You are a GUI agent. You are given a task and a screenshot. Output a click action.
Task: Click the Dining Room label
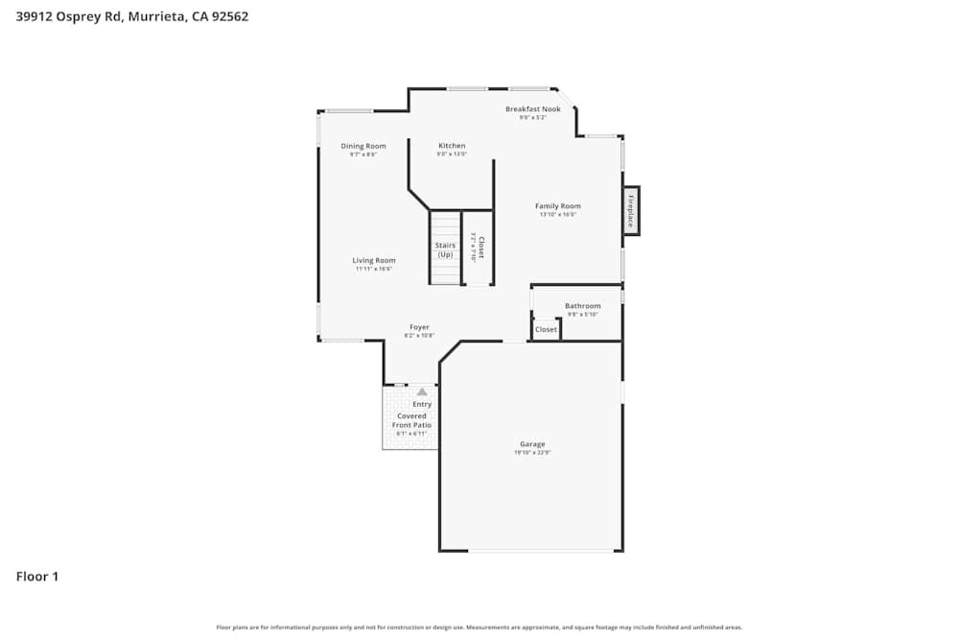[363, 146]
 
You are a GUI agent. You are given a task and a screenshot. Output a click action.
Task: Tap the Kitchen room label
[452, 146]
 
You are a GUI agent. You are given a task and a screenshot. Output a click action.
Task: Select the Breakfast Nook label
[533, 109]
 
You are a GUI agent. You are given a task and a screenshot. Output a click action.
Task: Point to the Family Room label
[557, 206]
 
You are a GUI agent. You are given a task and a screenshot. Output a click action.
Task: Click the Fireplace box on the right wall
[631, 210]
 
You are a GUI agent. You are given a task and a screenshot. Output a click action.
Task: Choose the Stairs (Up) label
[445, 249]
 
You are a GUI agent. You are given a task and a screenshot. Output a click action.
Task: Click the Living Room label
[374, 260]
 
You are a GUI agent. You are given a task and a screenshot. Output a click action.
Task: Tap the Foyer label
[420, 327]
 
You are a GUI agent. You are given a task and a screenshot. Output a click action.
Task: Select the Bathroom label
[582, 306]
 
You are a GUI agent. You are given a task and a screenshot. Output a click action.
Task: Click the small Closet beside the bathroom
[546, 329]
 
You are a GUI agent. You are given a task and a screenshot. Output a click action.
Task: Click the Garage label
[532, 444]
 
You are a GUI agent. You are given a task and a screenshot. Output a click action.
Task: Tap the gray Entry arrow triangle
[422, 391]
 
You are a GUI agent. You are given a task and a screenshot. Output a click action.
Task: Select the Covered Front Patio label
[411, 420]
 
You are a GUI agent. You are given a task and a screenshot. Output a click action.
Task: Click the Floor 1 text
[37, 577]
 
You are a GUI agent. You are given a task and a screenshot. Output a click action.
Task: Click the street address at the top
[132, 16]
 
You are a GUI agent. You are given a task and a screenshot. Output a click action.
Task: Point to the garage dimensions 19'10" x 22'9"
[532, 452]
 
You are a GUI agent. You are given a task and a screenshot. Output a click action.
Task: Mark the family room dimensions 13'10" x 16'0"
[557, 214]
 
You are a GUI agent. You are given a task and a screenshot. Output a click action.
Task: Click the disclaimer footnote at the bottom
[479, 628]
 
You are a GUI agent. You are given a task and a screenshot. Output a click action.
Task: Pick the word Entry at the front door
[422, 404]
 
